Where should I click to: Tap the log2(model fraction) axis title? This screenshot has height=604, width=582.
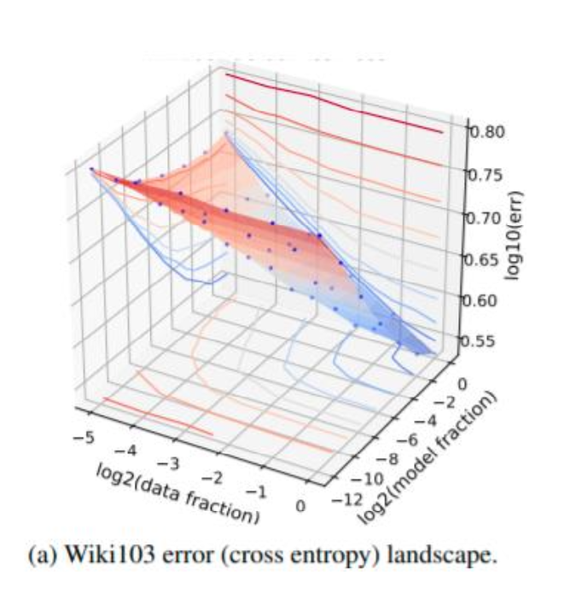pos(427,457)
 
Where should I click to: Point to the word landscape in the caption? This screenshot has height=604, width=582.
pos(451,557)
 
